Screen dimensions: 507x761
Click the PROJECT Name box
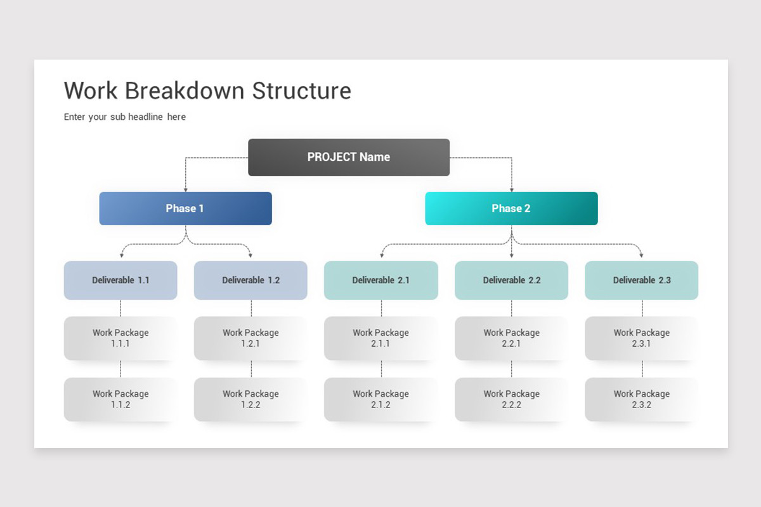(349, 157)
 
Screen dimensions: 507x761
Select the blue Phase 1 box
(185, 209)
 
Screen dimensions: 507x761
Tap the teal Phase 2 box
(511, 209)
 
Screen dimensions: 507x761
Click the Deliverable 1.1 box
(120, 280)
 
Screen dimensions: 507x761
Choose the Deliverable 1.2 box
(250, 280)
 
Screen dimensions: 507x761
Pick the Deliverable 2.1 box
(381, 280)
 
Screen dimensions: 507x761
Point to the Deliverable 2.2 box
(512, 280)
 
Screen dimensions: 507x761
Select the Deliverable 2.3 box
(642, 280)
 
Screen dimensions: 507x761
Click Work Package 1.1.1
(120, 338)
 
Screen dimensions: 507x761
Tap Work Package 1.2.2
(250, 399)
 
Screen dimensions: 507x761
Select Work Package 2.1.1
(381, 338)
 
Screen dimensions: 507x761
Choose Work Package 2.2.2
(512, 399)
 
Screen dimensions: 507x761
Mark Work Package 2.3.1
(642, 338)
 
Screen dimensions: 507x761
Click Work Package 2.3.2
(642, 399)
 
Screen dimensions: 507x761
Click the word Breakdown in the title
(185, 91)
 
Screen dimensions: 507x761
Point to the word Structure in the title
(302, 91)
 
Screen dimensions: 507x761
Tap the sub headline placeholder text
(125, 117)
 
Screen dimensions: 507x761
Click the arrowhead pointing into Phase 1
(185, 189)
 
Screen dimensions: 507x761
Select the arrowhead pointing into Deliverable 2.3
(642, 255)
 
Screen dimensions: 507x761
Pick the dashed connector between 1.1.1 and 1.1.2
(120, 369)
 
